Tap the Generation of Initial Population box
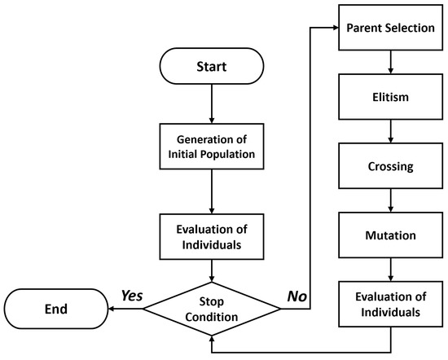point(212,143)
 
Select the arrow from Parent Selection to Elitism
point(391,63)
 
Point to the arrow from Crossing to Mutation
point(391,201)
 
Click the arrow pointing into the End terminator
point(122,309)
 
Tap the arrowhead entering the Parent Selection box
point(335,29)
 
